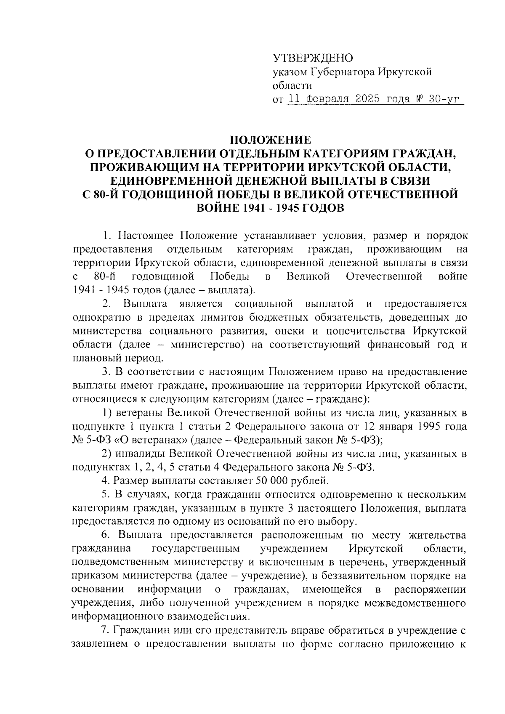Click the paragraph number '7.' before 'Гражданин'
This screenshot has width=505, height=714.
click(x=106, y=630)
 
